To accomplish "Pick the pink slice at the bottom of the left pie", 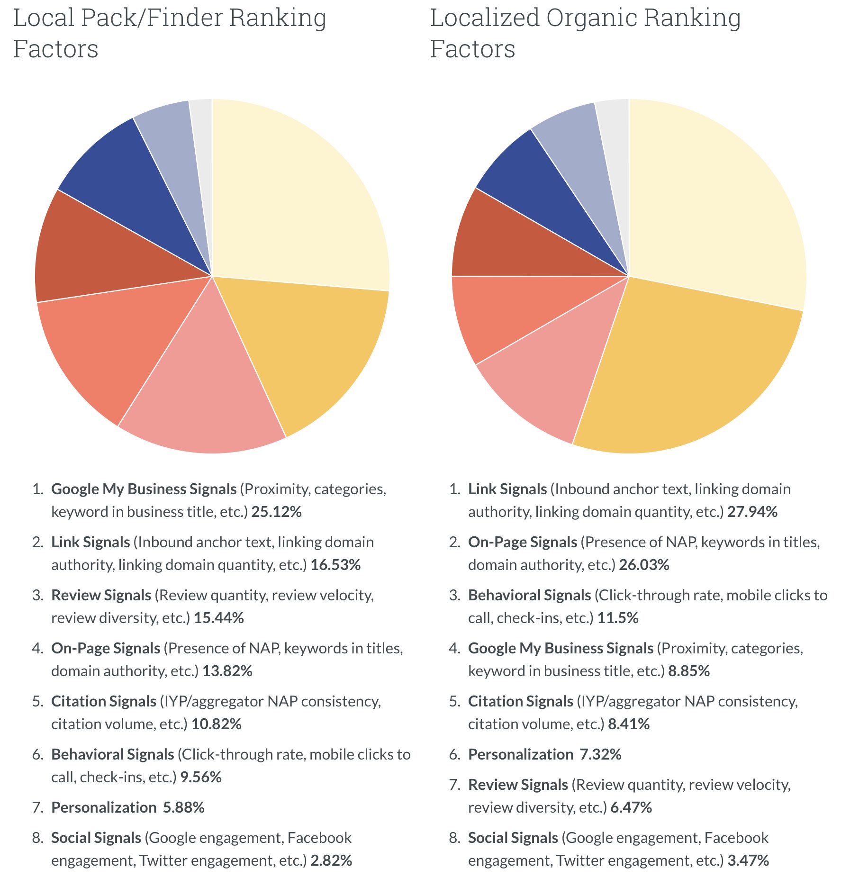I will (x=204, y=393).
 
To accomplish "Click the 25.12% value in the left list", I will (x=276, y=512).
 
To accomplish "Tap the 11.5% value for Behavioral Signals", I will (x=617, y=618).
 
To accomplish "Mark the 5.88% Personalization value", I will (x=183, y=808).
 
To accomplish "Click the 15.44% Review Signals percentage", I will (x=218, y=618).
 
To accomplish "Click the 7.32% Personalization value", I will (x=600, y=755).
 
